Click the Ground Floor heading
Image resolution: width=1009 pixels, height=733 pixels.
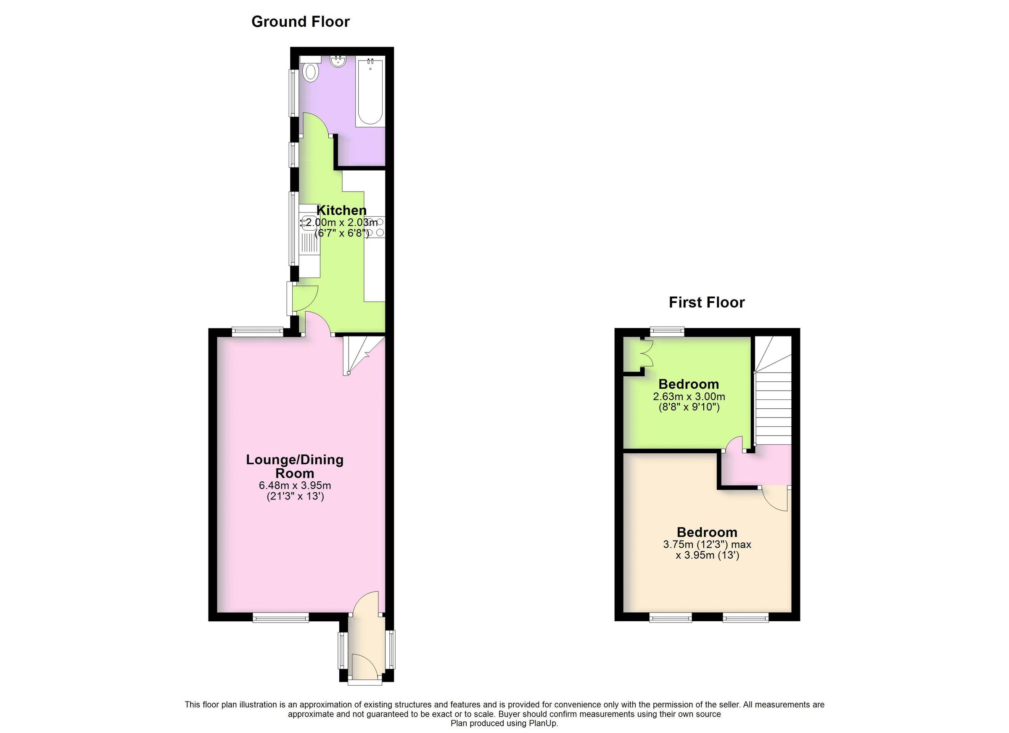(300, 22)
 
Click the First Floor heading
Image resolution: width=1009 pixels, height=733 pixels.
(706, 303)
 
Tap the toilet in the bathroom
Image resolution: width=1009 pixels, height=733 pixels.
(311, 71)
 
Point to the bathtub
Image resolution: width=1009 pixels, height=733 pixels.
(370, 92)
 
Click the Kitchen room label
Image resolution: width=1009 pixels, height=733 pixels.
(341, 210)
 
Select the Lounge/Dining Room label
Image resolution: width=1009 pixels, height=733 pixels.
(295, 466)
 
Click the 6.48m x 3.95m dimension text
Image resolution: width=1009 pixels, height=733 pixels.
(295, 486)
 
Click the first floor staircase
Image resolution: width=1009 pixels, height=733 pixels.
(773, 396)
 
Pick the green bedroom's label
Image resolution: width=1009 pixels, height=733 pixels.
(688, 384)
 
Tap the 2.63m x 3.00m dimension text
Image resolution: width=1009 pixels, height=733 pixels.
(689, 396)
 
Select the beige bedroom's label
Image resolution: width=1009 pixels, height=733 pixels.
(707, 532)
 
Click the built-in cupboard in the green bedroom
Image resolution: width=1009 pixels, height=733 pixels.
(632, 354)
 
